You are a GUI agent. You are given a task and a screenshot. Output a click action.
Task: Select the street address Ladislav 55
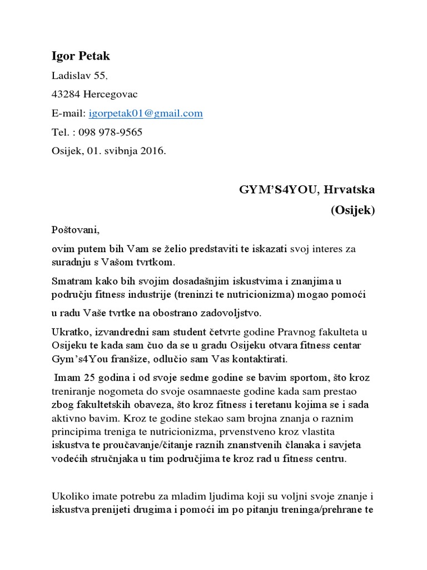(x=77, y=76)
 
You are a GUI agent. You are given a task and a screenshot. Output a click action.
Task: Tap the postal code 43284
(x=65, y=95)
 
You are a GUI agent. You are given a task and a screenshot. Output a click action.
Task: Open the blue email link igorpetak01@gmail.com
(x=146, y=114)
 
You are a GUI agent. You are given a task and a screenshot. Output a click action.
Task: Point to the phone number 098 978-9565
(x=110, y=132)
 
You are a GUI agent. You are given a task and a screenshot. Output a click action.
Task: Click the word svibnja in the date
(x=123, y=151)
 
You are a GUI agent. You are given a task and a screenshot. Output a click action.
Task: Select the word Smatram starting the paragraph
(x=71, y=281)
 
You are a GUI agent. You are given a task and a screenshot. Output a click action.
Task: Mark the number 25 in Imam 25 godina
(x=85, y=378)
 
